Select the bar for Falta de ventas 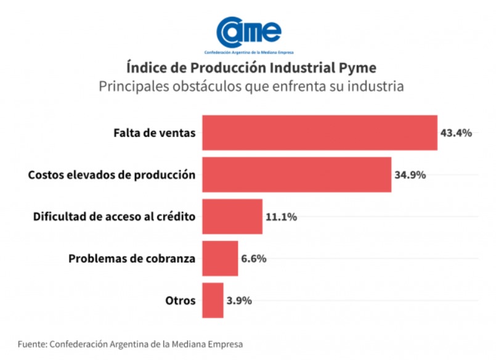pyautogui.click(x=319, y=133)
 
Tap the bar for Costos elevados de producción pyautogui.click(x=296, y=174)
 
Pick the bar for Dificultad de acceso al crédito pyautogui.click(x=232, y=216)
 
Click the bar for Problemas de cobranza pyautogui.click(x=220, y=258)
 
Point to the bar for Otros pyautogui.click(x=213, y=300)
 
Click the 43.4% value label pyautogui.click(x=456, y=133)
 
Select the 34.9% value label pyautogui.click(x=410, y=174)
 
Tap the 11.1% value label pyautogui.click(x=281, y=216)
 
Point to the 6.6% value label pyautogui.click(x=254, y=258)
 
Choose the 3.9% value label pyautogui.click(x=239, y=300)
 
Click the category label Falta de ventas pyautogui.click(x=154, y=133)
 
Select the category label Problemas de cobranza pyautogui.click(x=132, y=258)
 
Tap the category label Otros pyautogui.click(x=181, y=300)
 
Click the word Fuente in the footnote pyautogui.click(x=31, y=343)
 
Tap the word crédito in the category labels pyautogui.click(x=176, y=216)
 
